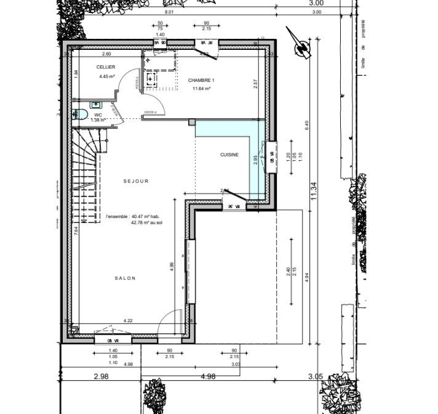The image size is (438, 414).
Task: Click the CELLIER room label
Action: [105, 67]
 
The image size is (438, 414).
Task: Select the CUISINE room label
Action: [229, 155]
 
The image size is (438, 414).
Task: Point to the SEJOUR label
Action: [136, 181]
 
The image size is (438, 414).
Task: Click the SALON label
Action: [124, 278]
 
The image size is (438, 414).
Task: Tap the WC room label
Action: [98, 115]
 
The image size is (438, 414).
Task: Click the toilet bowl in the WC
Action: [76, 115]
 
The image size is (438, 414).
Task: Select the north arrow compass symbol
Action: [301, 44]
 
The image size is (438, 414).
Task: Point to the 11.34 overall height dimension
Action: [314, 190]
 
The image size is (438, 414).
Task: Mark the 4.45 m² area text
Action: [107, 77]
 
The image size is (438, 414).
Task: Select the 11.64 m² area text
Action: [201, 89]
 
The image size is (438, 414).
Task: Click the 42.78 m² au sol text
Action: [146, 223]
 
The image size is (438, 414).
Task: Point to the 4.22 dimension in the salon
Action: [129, 320]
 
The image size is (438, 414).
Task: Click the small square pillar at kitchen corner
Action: [192, 123]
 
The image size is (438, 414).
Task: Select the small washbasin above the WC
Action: [79, 104]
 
